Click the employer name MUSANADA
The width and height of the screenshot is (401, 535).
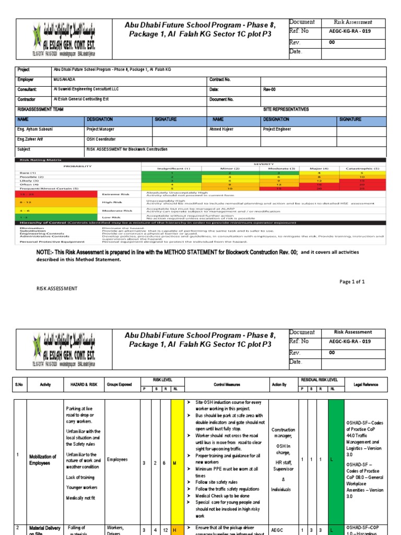click(64, 79)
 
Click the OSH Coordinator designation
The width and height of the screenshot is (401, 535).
click(101, 139)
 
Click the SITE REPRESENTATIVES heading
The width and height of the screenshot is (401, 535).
click(286, 109)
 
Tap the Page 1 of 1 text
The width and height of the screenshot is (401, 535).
click(352, 282)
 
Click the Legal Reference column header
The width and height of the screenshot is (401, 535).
click(365, 385)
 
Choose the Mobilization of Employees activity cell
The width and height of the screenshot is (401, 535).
click(42, 459)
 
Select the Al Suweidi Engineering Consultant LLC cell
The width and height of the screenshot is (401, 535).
click(86, 89)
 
